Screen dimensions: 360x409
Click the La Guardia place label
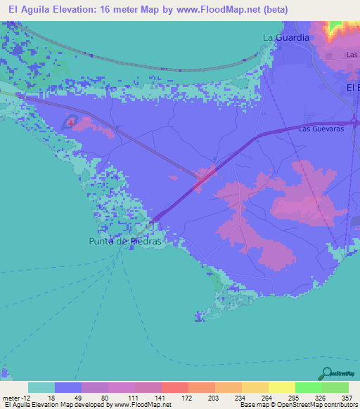[285, 37]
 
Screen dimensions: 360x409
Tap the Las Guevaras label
[324, 129]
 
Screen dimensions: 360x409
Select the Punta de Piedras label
[125, 241]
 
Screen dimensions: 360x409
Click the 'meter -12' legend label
[16, 397]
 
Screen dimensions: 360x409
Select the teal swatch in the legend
[41, 387]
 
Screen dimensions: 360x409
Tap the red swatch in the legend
[174, 387]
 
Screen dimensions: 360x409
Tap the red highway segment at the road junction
[205, 176]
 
